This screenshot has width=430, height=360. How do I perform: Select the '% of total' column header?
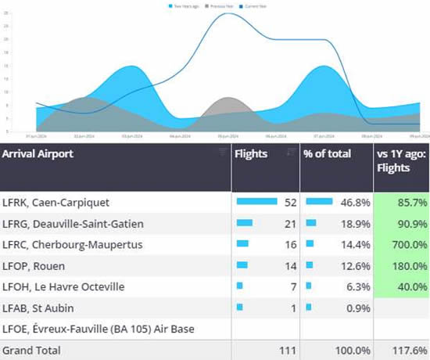click(326, 154)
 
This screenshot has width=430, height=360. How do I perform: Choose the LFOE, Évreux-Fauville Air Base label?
click(98, 328)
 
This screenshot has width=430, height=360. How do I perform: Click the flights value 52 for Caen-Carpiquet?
click(291, 203)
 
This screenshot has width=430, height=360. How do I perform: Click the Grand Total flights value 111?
click(288, 349)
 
